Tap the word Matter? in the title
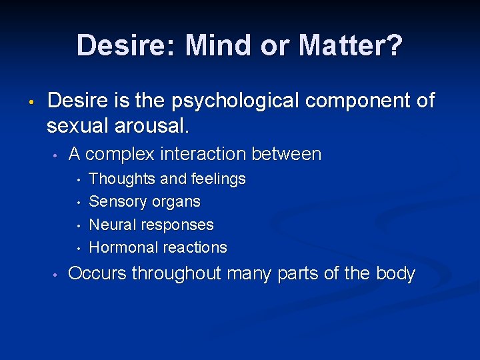(x=351, y=46)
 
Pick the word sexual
(x=77, y=125)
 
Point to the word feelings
(x=218, y=179)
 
